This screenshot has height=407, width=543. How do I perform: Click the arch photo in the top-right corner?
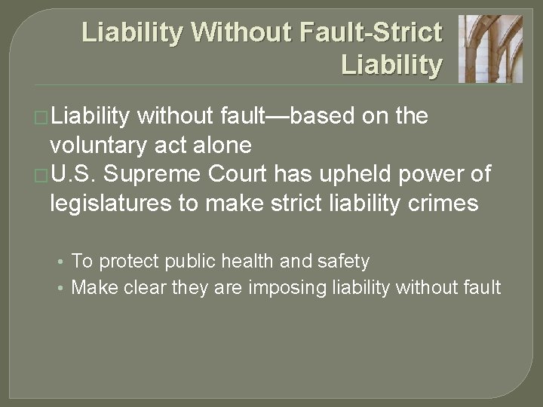click(490, 49)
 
